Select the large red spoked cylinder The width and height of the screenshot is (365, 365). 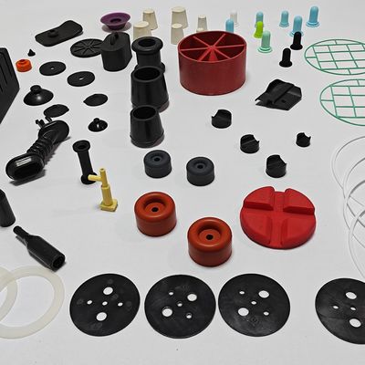[214, 62]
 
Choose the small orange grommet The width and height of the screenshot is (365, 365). [24, 66]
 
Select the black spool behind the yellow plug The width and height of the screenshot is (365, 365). [83, 161]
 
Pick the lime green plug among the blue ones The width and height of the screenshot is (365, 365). [258, 29]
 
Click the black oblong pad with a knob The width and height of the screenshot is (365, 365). [58, 35]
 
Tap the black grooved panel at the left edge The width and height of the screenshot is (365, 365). [6, 91]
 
